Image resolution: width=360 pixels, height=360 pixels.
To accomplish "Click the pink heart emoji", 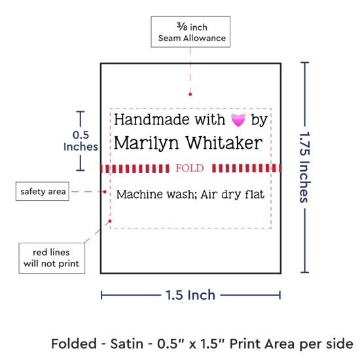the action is [238, 120].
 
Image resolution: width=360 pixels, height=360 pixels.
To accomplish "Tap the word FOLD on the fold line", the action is [190, 168].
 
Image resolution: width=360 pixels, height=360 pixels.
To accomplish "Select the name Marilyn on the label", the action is [146, 143].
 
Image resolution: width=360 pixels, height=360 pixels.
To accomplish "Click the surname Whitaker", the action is [224, 143].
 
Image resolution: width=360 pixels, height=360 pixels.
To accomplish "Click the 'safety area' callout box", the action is [43, 191].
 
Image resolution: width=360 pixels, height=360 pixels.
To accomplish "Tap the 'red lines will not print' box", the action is [52, 258].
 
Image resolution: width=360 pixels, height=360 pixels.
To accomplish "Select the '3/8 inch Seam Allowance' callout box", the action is [190, 32].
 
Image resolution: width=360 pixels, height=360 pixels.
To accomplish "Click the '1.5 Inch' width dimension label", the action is [190, 295].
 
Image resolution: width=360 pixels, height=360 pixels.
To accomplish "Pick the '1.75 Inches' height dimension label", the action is [305, 168].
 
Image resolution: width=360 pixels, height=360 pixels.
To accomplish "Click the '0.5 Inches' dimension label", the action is [81, 141].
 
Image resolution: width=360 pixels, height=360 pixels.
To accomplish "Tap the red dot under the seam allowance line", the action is [190, 94].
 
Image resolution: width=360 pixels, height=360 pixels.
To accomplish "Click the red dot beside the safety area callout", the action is [105, 192].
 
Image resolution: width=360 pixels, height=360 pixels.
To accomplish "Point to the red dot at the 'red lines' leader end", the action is [110, 221].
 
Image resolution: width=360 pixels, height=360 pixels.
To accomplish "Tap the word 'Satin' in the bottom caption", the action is [127, 344].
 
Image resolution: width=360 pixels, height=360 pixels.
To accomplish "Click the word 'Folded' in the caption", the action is [74, 344].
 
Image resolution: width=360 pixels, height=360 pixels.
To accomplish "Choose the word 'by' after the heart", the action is [259, 120].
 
